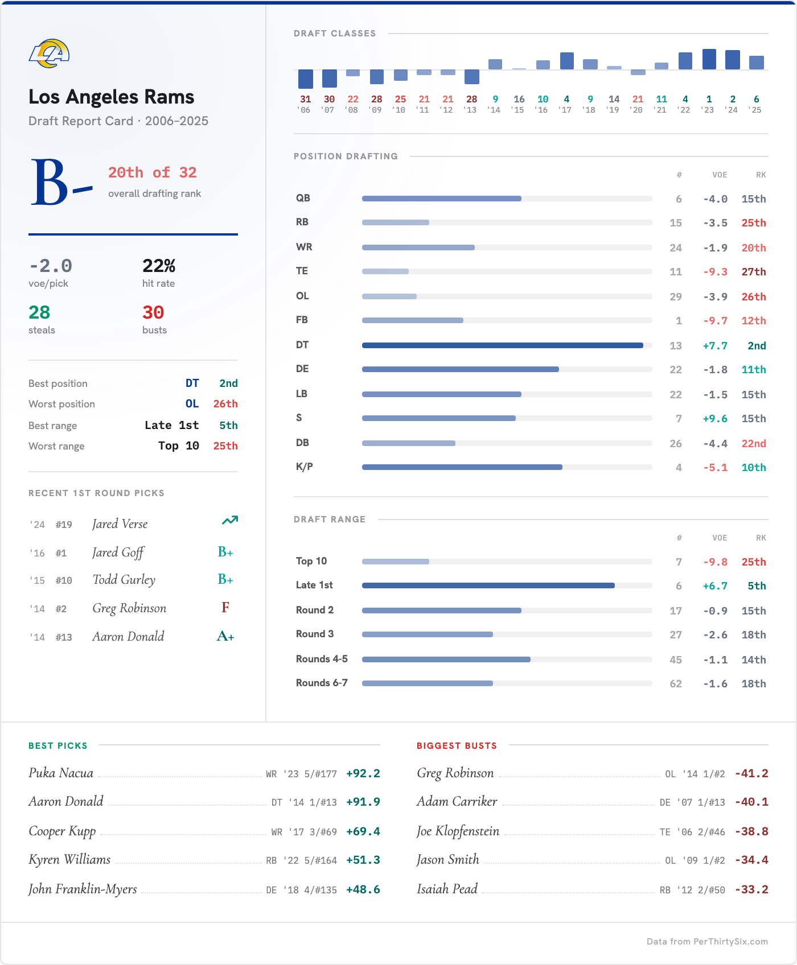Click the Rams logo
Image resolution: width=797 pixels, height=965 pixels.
coord(50,53)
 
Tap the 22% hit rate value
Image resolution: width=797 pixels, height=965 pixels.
coord(159,266)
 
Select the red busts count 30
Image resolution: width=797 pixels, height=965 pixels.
coord(153,312)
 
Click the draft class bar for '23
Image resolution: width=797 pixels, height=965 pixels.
coord(709,59)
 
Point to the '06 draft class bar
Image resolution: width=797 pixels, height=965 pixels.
coord(306,79)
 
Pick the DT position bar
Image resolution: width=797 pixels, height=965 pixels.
coord(502,345)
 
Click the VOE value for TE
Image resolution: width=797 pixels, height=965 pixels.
coord(715,272)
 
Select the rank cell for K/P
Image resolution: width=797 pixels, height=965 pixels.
coord(753,468)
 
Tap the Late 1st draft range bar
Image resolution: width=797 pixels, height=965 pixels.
coord(488,585)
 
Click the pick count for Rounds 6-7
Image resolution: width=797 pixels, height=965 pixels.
coord(676,684)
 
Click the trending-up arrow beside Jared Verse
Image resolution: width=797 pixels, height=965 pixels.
coord(229,521)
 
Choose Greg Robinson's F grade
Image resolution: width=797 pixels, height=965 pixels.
coord(225,608)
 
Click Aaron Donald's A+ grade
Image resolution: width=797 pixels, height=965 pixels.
coord(225,636)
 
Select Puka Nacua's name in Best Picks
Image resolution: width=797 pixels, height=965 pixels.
coord(61,773)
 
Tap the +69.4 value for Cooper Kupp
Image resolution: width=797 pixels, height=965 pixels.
coord(363,832)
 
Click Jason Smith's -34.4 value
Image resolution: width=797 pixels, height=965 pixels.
coord(751,860)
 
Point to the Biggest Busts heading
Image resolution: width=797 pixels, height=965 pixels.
coord(457,746)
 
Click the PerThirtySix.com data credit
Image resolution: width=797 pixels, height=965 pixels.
coord(707,942)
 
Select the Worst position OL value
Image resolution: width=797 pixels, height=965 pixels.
coord(192,404)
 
